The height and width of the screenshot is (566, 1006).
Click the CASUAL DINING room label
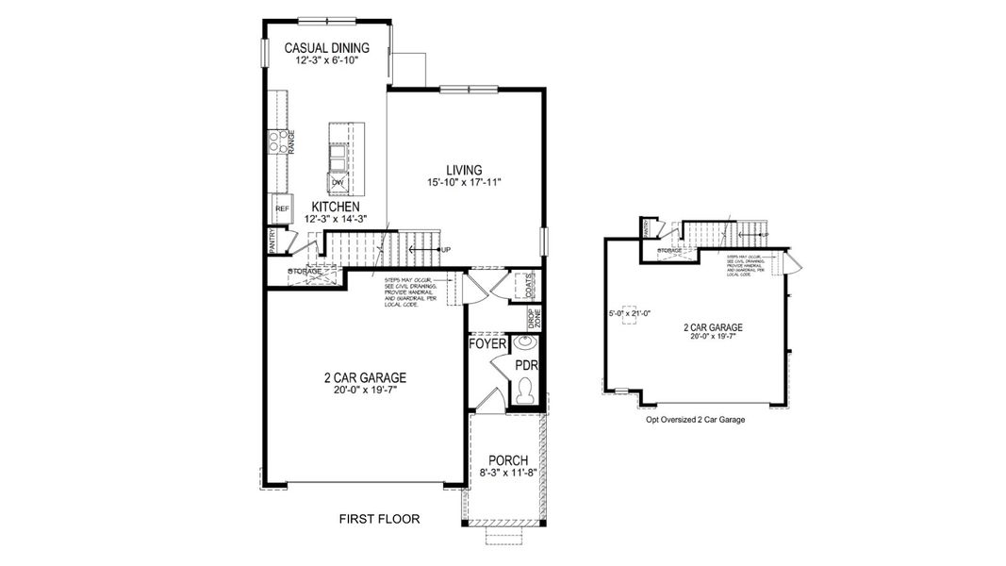326,47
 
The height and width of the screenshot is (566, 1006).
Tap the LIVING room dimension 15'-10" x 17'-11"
462,183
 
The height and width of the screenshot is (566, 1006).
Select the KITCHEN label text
334,206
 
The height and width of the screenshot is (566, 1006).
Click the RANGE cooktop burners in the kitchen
277,142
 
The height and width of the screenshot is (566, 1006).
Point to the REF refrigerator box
280,209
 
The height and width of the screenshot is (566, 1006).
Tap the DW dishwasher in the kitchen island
337,182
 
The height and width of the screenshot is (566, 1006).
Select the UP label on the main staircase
445,249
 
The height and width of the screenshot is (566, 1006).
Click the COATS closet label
529,285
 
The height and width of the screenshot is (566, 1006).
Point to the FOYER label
487,344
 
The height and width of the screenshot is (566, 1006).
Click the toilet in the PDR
524,390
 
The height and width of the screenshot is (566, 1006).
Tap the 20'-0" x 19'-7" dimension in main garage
363,391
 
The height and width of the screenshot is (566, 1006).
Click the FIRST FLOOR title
379,519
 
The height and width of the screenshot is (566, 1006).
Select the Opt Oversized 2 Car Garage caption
695,420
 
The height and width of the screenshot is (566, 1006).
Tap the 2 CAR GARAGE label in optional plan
713,327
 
